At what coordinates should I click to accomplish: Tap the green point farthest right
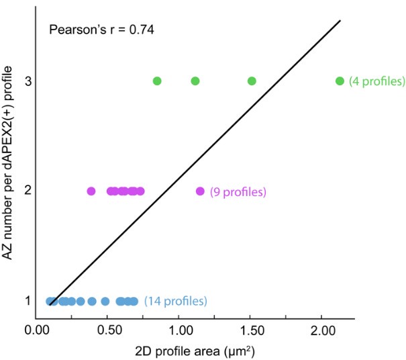coord(340,81)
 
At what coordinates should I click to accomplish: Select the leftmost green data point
coord(157,81)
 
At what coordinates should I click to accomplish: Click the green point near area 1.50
coord(252,81)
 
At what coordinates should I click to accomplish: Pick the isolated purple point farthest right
coord(200,191)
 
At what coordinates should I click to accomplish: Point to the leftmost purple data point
coord(91,191)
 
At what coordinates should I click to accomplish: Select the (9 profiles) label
coord(238,192)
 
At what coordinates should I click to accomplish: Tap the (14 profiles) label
coord(176,301)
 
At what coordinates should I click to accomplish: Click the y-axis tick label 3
coord(28,81)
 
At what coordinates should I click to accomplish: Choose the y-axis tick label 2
coord(28,191)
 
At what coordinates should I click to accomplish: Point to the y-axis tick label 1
coord(28,300)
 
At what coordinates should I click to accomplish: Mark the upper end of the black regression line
coord(340,21)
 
